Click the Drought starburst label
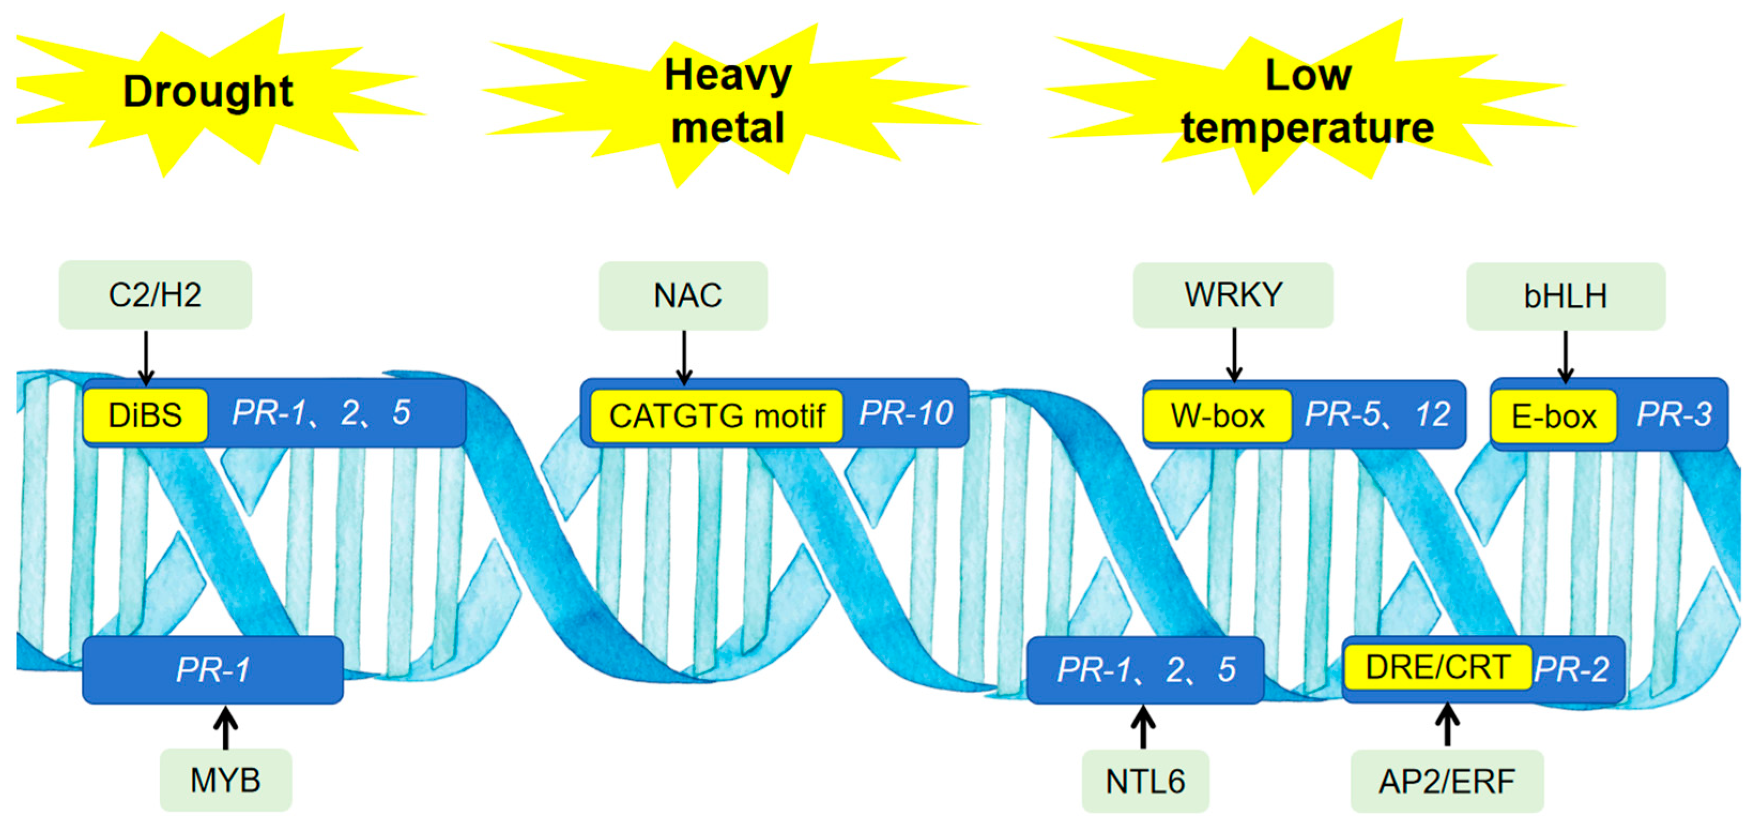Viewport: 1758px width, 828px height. coord(208,91)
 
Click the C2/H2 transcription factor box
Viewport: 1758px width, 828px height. coord(155,295)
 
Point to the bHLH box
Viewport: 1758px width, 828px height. coord(1565,296)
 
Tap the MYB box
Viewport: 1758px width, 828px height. coord(225,779)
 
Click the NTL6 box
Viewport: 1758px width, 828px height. coord(1145,781)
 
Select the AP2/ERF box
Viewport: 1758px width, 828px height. coord(1446,781)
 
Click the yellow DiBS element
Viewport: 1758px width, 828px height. coord(145,415)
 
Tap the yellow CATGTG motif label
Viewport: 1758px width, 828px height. coord(716,416)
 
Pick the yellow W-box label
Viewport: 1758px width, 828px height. coord(1217,416)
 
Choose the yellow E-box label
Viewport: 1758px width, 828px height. coord(1553,416)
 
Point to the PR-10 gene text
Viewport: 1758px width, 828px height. coord(905,413)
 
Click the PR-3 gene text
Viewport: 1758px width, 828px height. coord(1673,413)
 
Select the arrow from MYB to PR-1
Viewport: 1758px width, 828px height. coord(225,727)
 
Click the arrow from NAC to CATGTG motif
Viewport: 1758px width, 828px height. coord(684,357)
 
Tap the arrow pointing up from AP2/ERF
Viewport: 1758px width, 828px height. coord(1447,726)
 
